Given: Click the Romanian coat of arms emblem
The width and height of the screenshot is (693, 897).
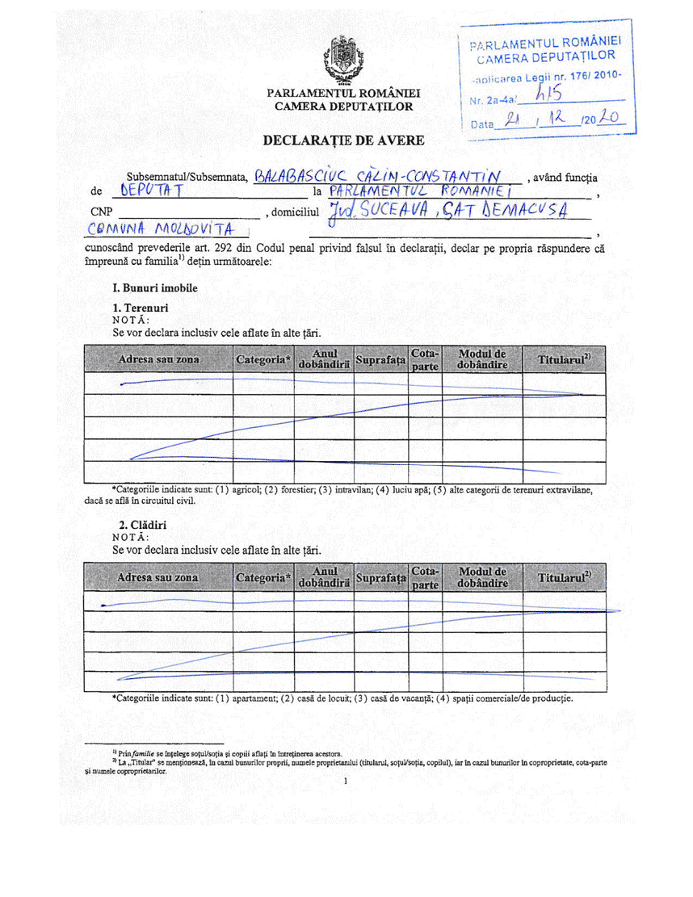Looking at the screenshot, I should click(338, 61).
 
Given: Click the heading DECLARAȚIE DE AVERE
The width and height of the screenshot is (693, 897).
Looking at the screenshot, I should click(344, 140).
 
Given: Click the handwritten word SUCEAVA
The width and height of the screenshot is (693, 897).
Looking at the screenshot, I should click(393, 212).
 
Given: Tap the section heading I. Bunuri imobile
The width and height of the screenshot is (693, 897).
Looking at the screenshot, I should click(155, 287).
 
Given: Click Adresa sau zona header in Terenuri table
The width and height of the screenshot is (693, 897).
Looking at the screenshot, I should click(158, 358).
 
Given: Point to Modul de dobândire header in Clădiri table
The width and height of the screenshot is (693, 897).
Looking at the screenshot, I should click(482, 577).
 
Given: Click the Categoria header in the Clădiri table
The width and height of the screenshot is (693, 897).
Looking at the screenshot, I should click(262, 578).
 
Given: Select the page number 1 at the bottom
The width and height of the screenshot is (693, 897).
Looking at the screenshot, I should click(345, 782).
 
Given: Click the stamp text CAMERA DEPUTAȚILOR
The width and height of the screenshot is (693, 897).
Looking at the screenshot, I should click(546, 57).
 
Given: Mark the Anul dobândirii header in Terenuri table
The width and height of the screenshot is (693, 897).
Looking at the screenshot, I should click(323, 359).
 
